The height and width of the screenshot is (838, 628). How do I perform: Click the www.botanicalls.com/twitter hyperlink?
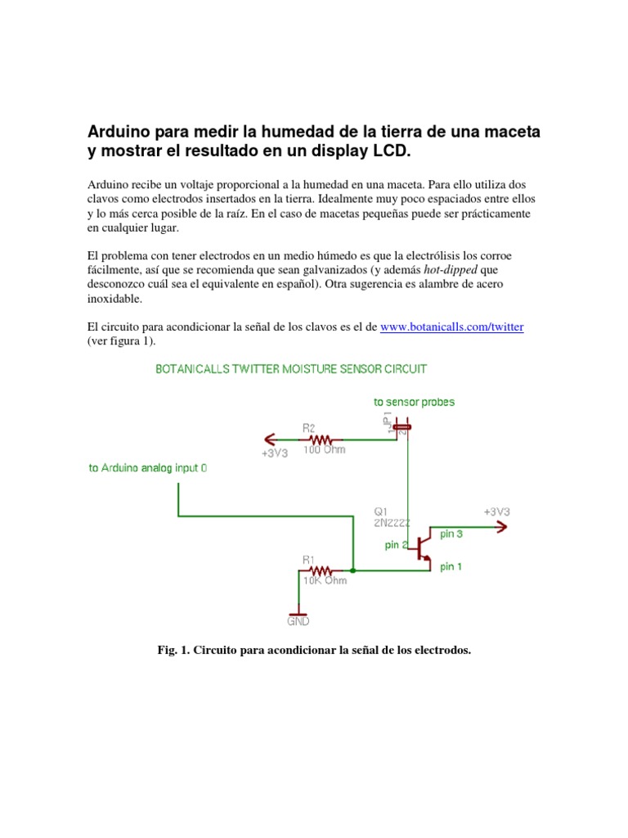[x=452, y=327]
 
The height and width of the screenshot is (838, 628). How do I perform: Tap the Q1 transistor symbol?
[x=422, y=547]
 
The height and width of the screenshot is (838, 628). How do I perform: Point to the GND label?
[x=298, y=621]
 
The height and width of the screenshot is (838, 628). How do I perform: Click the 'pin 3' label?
[x=451, y=534]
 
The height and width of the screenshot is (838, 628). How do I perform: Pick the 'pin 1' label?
[x=451, y=566]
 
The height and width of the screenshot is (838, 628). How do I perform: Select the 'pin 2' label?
[x=394, y=545]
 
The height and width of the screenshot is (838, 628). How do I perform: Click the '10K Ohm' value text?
[x=325, y=581]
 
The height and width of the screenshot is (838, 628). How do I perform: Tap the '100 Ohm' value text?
[x=324, y=449]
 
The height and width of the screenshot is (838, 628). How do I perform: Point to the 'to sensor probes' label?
[x=414, y=402]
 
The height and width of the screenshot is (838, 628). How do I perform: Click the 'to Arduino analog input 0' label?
[x=148, y=469]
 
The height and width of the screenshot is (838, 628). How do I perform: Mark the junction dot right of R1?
[x=352, y=570]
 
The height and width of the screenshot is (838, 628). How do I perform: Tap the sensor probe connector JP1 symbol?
[x=401, y=426]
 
